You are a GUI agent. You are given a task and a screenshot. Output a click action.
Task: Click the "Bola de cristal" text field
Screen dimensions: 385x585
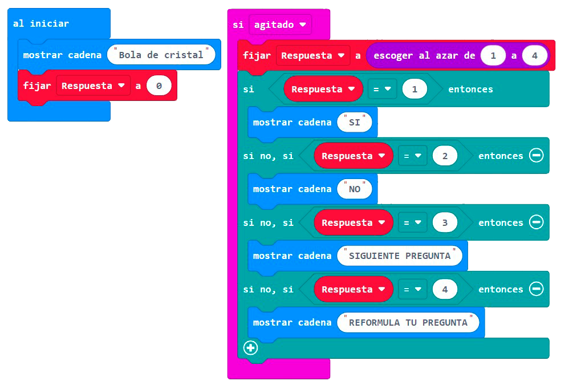click(x=161, y=55)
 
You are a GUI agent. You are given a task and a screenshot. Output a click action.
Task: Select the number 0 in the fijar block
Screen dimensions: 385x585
click(x=159, y=86)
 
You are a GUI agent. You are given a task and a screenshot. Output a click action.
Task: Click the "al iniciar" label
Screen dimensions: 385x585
click(x=41, y=23)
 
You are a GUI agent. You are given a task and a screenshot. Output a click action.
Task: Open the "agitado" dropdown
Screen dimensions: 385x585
click(x=280, y=25)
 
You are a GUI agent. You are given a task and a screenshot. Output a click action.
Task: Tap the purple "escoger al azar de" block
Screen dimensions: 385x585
click(x=422, y=56)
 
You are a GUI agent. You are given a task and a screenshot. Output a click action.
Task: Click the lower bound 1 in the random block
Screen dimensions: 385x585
click(x=494, y=56)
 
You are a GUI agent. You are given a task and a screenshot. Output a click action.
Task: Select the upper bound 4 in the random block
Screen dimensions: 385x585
click(x=534, y=56)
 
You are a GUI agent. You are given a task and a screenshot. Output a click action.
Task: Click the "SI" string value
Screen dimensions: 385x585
click(x=354, y=122)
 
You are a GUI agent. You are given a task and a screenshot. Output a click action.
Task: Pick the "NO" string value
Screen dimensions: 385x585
click(x=354, y=189)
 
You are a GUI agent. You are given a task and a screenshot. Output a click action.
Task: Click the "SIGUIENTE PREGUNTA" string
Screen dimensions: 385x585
click(x=399, y=256)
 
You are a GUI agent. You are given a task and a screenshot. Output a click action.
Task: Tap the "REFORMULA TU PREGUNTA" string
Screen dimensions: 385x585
click(x=408, y=322)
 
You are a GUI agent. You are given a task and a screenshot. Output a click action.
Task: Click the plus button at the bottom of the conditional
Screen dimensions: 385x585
click(x=250, y=347)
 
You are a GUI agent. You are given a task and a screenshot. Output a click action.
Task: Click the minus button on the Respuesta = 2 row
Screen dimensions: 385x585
click(x=536, y=156)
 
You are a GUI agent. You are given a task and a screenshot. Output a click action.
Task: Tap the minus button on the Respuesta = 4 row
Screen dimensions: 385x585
click(x=536, y=289)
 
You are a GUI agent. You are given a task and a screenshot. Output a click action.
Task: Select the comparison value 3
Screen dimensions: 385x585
click(x=445, y=222)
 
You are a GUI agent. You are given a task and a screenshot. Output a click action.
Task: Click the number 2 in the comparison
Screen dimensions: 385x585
click(x=445, y=156)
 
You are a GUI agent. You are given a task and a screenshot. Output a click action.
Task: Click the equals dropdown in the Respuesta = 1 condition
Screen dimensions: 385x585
click(x=382, y=90)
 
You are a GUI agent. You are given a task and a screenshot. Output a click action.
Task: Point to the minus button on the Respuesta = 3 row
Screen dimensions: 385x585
click(x=536, y=222)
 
